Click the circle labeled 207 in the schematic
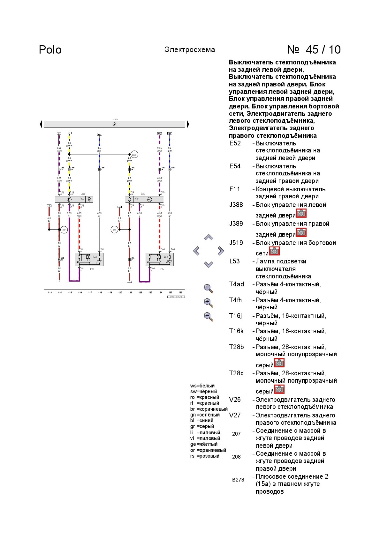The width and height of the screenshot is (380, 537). [x=64, y=230]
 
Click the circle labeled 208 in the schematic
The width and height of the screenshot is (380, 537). [x=114, y=230]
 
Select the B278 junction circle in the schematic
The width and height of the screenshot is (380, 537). [x=134, y=155]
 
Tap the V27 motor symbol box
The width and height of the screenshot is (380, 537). [x=130, y=199]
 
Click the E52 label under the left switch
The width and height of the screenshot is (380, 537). [x=92, y=269]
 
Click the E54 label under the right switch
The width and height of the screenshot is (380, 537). [x=162, y=269]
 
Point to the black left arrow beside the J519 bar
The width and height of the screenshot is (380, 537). [x=41, y=124]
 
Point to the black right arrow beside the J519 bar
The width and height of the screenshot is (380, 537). [x=188, y=124]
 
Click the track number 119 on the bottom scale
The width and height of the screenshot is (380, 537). [x=110, y=292]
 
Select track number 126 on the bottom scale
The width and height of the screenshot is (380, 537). [x=180, y=292]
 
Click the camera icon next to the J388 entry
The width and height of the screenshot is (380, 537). [x=301, y=213]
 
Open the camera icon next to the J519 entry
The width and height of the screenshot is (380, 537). [x=274, y=251]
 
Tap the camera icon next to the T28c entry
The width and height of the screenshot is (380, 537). [x=279, y=389]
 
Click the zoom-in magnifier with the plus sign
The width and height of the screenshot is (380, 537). [x=208, y=302]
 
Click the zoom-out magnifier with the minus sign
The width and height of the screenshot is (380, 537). [x=208, y=316]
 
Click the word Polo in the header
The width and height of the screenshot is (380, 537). [x=50, y=50]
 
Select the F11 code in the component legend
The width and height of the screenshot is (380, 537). [x=235, y=189]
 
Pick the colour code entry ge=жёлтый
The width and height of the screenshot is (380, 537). [x=204, y=444]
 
